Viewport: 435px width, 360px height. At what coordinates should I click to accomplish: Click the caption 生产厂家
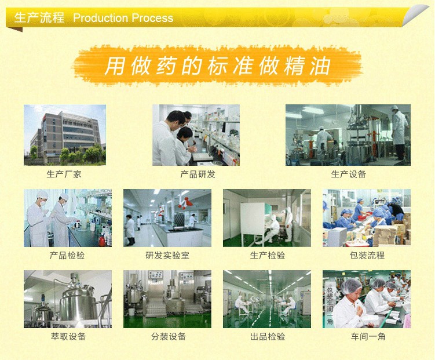tap(64, 174)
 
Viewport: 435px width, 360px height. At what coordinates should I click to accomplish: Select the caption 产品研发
tap(198, 174)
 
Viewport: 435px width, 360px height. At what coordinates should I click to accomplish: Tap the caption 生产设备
tap(349, 174)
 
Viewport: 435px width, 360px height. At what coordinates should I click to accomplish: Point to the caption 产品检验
tap(67, 255)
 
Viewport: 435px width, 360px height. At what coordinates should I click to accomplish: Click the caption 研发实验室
tap(167, 255)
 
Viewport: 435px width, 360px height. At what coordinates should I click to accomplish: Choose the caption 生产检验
tap(268, 255)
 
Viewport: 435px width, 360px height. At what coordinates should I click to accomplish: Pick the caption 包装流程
tap(367, 255)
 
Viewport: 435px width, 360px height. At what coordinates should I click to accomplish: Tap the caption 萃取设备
tap(68, 337)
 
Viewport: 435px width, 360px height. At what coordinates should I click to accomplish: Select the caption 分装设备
tap(169, 337)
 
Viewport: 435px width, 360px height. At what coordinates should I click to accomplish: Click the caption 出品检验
tap(268, 337)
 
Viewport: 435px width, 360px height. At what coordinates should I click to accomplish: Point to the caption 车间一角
tap(368, 337)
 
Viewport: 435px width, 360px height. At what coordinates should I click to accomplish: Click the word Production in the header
tap(100, 18)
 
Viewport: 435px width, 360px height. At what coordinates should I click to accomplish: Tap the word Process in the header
tap(152, 18)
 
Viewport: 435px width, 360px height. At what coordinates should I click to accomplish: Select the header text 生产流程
tap(39, 17)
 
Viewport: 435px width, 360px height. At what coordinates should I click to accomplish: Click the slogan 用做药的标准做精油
tap(218, 66)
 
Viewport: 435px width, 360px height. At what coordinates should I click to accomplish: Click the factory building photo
tap(65, 135)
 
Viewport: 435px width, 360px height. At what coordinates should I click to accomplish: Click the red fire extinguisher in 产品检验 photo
tap(102, 240)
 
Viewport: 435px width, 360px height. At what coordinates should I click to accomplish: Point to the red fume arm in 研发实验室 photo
tap(185, 203)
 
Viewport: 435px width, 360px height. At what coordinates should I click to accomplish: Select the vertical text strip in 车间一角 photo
tap(330, 306)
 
